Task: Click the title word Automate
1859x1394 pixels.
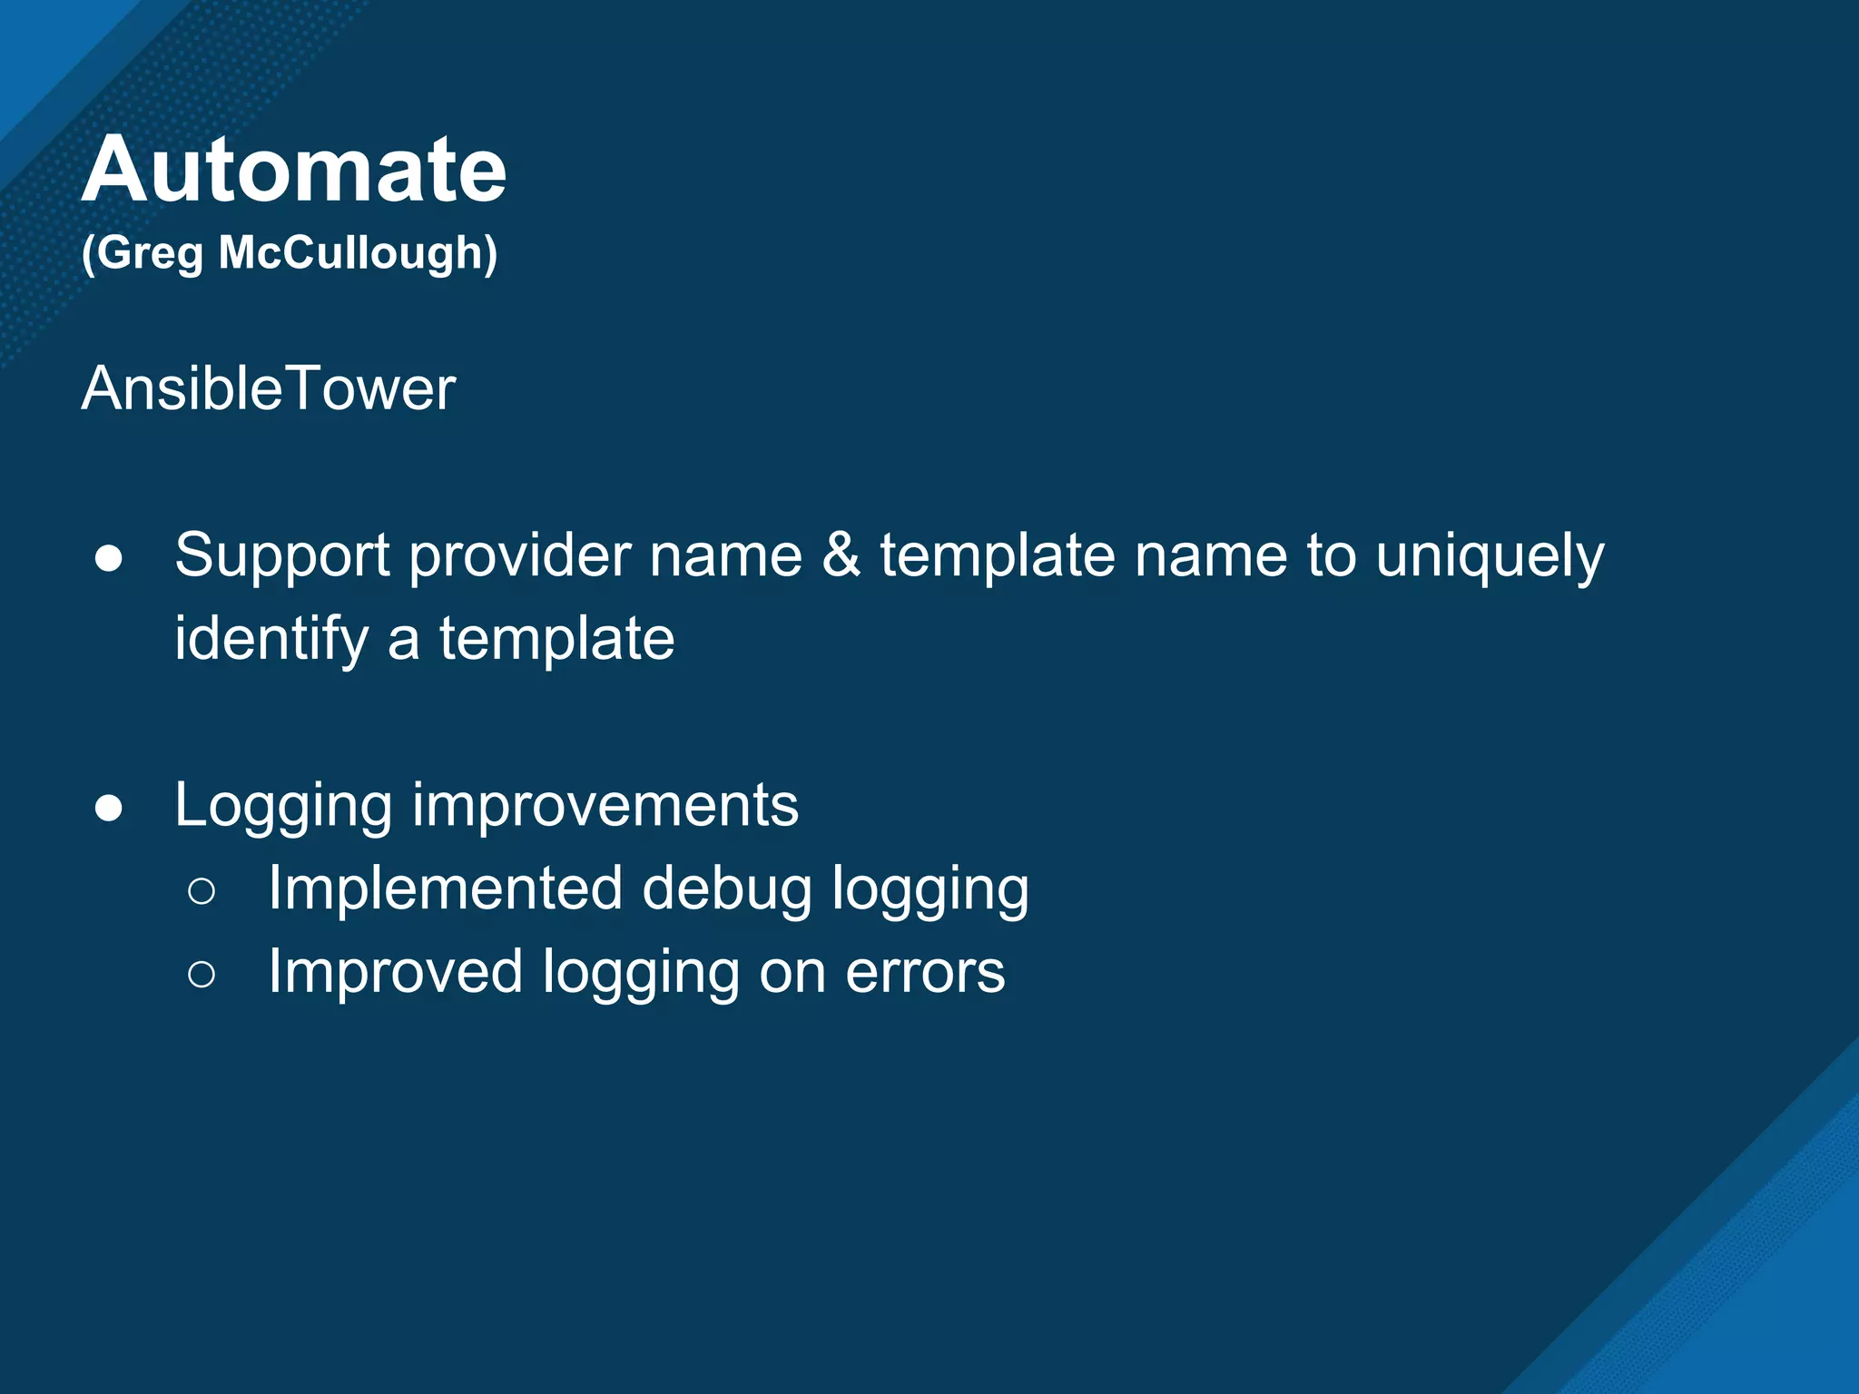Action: (x=294, y=170)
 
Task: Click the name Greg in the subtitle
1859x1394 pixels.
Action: (x=143, y=253)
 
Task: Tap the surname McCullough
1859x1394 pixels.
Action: (x=356, y=253)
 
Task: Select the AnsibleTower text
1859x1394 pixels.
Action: (x=269, y=389)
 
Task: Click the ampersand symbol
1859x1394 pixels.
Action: (x=841, y=555)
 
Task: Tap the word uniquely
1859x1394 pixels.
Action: (x=1490, y=556)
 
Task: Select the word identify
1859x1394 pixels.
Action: (x=271, y=639)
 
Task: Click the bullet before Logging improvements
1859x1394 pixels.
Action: (x=109, y=808)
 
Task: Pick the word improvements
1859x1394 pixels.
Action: (x=605, y=806)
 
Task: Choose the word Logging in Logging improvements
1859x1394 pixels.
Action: (x=284, y=806)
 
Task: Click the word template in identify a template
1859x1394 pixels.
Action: (x=557, y=639)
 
